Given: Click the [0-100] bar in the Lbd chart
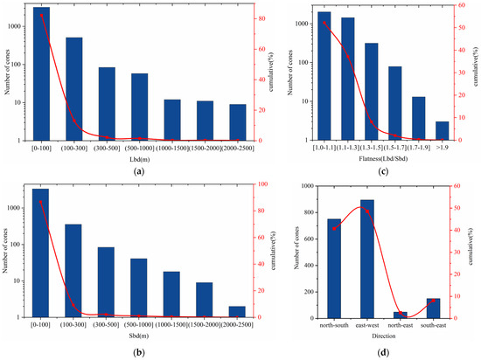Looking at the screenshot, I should pos(42,73).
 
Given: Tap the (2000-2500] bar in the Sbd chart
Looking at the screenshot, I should pos(237,311).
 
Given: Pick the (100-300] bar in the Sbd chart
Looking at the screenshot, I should pos(73,270).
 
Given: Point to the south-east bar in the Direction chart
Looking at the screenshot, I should pos(433,308).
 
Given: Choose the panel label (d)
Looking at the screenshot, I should pos(383,352).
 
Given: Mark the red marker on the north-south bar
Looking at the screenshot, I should pos(334,228).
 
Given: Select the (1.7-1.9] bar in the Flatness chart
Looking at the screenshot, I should pos(419,118).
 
